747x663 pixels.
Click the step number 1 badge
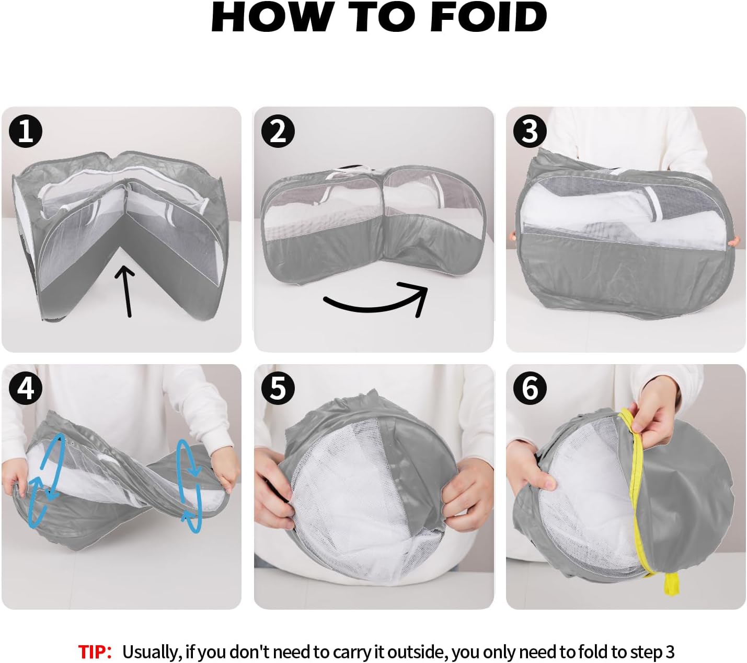pos(26,131)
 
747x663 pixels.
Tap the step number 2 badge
pos(278,131)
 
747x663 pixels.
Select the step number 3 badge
pos(530,131)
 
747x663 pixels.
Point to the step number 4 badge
pos(26,388)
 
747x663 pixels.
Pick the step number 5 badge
pos(278,388)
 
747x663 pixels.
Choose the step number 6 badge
pos(530,388)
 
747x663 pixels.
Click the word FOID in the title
pos(488,17)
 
